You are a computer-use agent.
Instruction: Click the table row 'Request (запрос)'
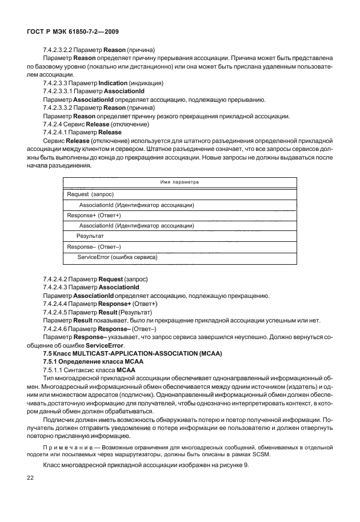[x=86, y=194]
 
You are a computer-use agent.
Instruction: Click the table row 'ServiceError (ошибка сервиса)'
[x=117, y=257]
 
